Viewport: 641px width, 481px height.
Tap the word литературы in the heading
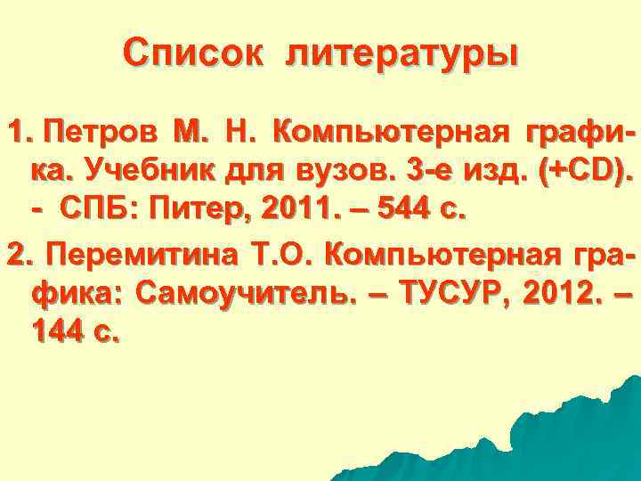point(402,54)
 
